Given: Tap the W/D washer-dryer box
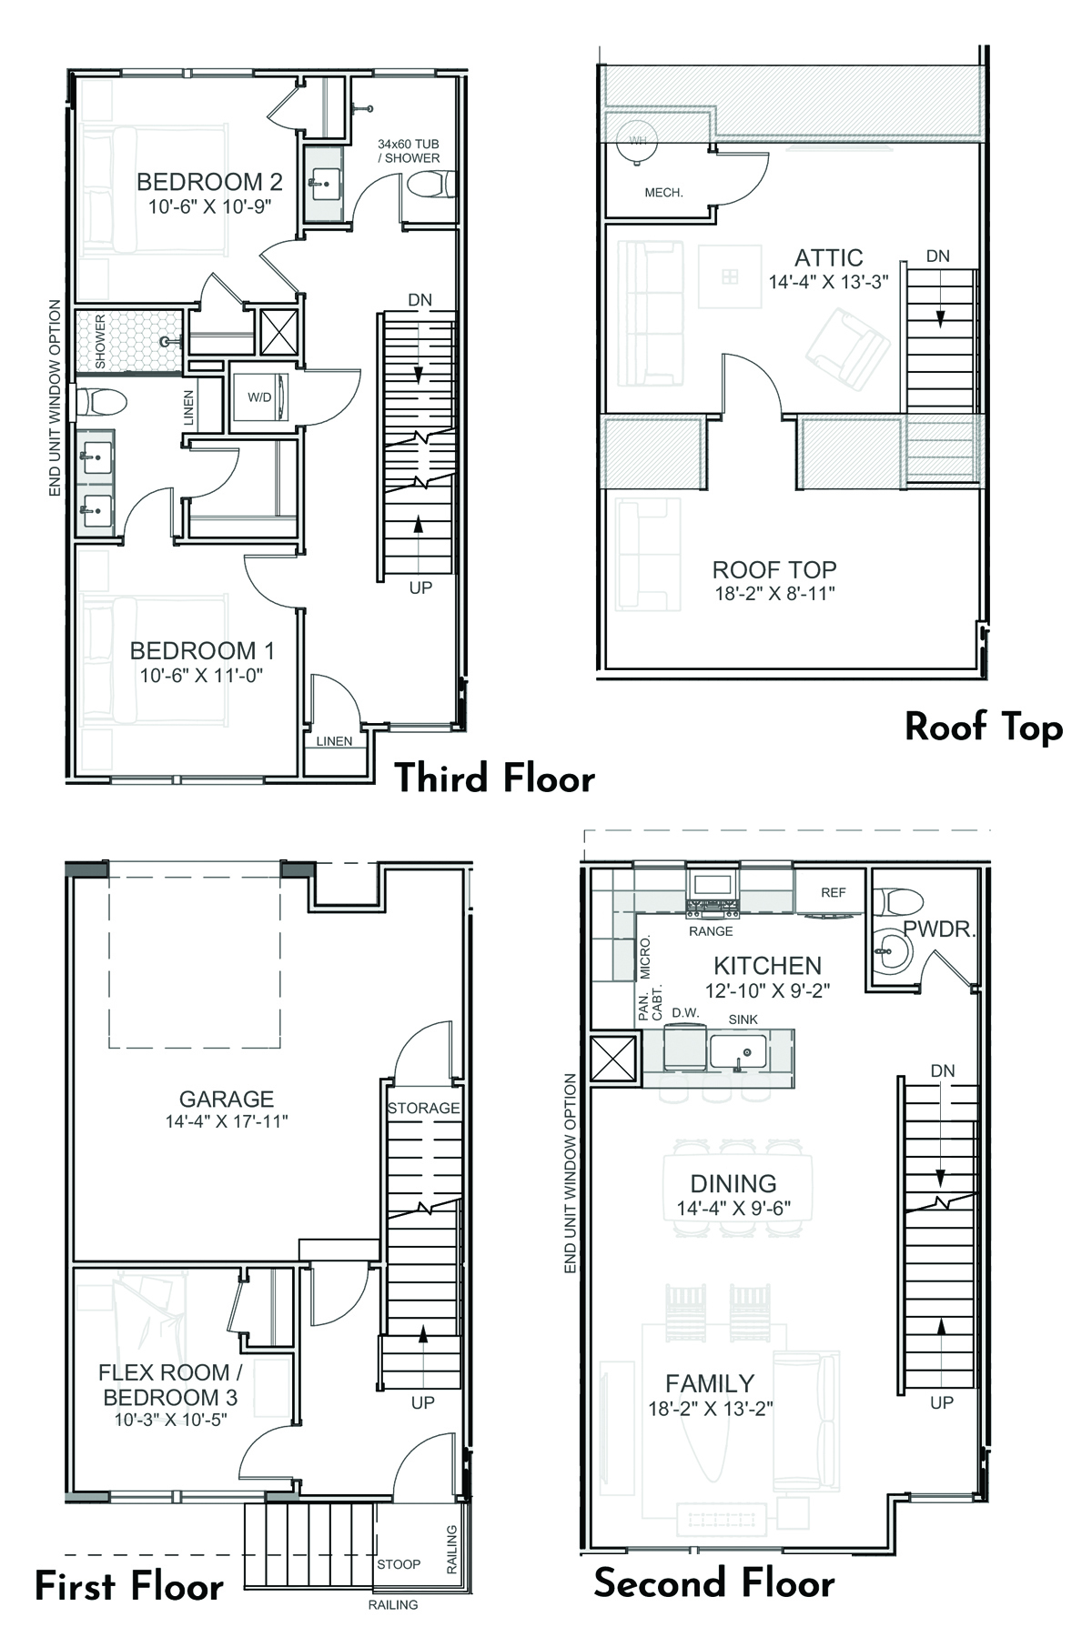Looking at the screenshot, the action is tap(258, 397).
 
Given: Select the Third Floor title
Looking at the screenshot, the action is tap(494, 778).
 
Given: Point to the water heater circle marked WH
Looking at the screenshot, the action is tap(638, 141).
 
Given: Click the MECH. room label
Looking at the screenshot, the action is tap(663, 193).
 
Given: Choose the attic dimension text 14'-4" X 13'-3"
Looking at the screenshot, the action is tap(828, 282).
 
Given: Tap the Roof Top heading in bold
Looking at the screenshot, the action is tap(984, 728).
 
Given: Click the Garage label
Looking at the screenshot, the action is tap(227, 1099).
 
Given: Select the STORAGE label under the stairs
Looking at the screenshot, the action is tap(423, 1108).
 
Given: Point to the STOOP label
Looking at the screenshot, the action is tap(399, 1564).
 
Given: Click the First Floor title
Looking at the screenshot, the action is tap(128, 1586).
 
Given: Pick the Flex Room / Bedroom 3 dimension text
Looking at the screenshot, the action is tap(170, 1419).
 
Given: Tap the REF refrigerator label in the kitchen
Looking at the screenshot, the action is tap(833, 892).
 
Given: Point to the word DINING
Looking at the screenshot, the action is tap(733, 1183).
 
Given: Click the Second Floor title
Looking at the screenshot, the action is tap(714, 1583).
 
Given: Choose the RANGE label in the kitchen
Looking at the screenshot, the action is tap(711, 931).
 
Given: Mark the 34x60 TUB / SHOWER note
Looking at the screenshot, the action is tap(409, 151).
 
